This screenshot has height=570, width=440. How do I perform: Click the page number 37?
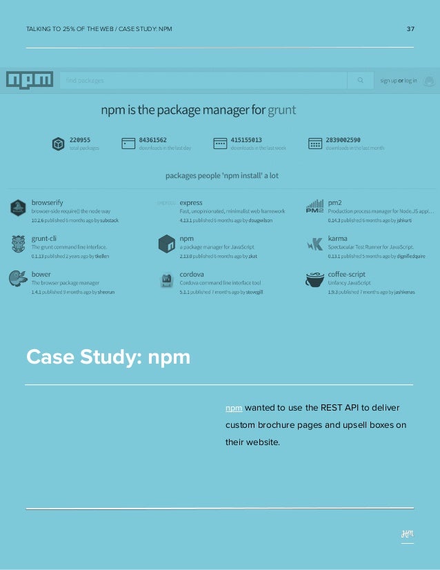(410, 29)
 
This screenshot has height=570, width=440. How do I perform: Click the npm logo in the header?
(29, 80)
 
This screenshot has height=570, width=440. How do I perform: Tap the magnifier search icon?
(360, 80)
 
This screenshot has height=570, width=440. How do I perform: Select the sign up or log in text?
(398, 81)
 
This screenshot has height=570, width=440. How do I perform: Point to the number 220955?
(80, 139)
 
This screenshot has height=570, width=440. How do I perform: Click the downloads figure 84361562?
(153, 139)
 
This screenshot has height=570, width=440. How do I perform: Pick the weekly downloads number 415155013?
(246, 139)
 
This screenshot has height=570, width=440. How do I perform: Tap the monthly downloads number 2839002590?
(343, 139)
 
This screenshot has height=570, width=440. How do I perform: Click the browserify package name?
(47, 202)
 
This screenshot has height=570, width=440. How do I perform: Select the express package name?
(191, 202)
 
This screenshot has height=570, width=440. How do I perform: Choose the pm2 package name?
(336, 202)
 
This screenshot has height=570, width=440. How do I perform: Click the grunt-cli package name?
(44, 238)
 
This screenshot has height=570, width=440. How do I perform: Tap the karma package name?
(338, 238)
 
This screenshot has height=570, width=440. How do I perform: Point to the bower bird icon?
(18, 278)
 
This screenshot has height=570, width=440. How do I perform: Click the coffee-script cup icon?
(314, 279)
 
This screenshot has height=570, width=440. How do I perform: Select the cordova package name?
(192, 274)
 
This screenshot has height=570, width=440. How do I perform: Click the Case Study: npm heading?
(108, 357)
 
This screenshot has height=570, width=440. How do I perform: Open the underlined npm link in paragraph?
(233, 408)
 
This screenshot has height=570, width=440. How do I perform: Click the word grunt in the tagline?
(282, 110)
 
